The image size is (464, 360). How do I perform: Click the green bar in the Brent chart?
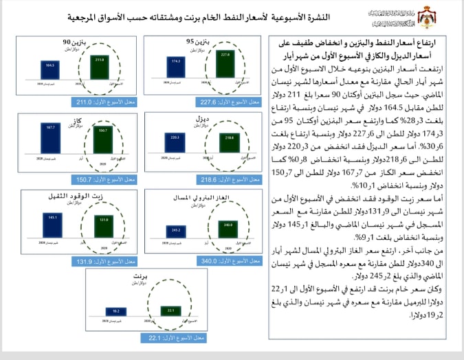170,302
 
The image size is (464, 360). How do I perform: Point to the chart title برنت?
143,275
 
